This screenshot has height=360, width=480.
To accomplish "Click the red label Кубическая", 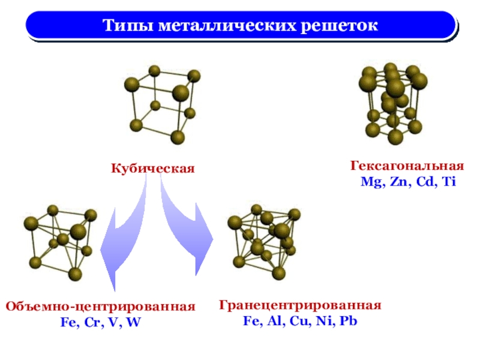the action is coord(153,168).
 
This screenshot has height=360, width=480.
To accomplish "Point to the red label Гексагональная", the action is coord(407,166).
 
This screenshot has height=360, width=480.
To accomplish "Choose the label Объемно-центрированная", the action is coord(101,307).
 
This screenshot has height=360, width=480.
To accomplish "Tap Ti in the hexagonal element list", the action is coord(448,181).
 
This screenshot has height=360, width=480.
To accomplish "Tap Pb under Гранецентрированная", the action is coord(348,320).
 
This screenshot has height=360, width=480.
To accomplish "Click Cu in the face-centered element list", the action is coord(299,320).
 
